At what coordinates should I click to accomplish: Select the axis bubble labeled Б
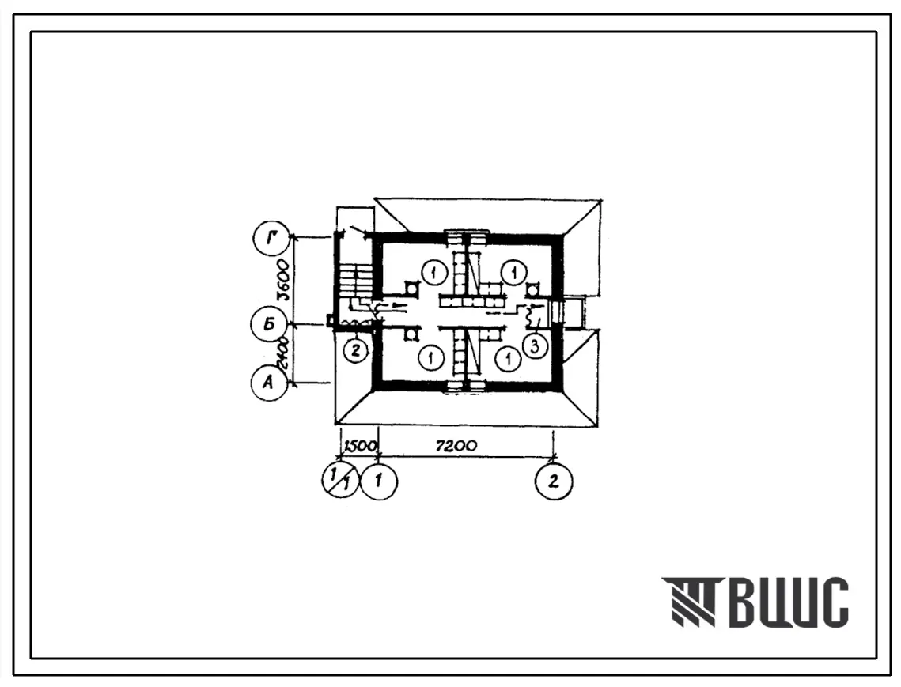(x=268, y=325)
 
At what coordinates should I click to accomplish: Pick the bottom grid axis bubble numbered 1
(x=379, y=480)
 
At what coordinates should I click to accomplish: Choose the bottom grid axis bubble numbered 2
(x=554, y=481)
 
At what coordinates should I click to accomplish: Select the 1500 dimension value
(x=360, y=446)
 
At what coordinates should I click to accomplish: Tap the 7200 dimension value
(x=456, y=445)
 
